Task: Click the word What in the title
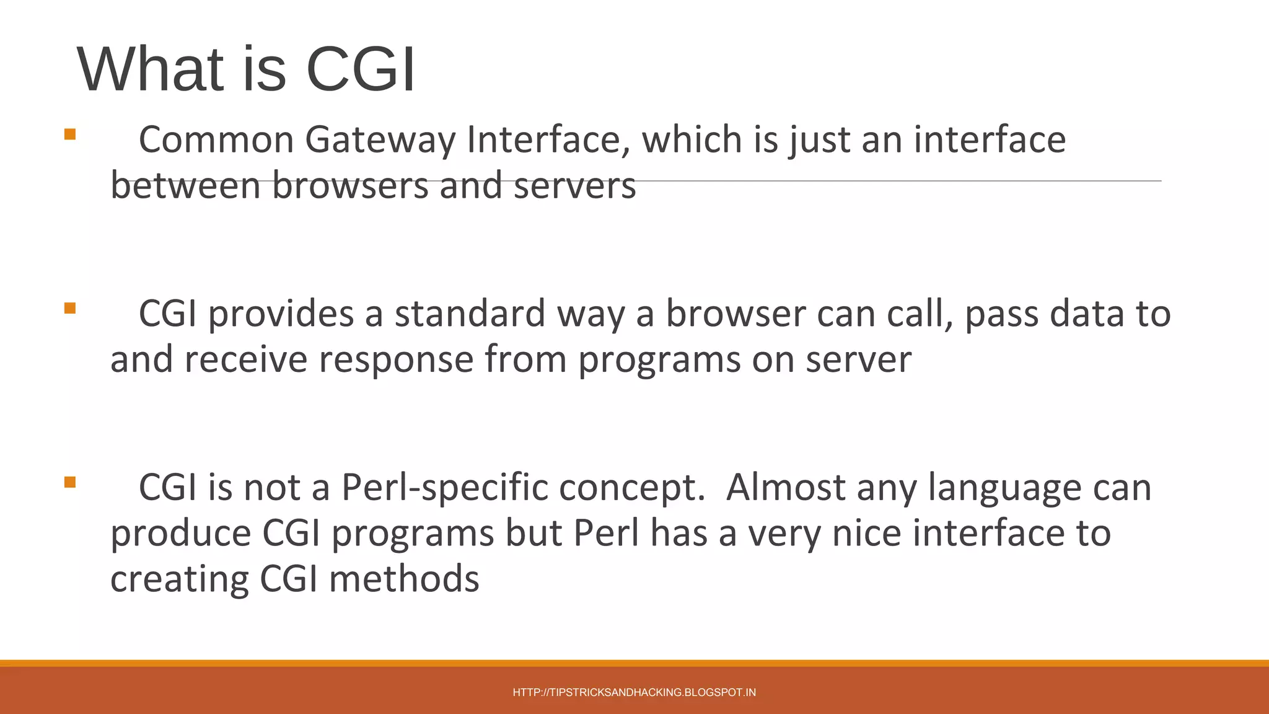pyautogui.click(x=150, y=69)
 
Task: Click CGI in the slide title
pyautogui.click(x=361, y=69)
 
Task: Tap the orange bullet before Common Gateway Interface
pyautogui.click(x=70, y=134)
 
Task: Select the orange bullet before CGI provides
pyautogui.click(x=70, y=308)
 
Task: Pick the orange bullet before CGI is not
pyautogui.click(x=70, y=482)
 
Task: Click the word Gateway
pyautogui.click(x=380, y=140)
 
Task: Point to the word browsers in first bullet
pyautogui.click(x=350, y=186)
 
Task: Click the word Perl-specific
pyautogui.click(x=444, y=488)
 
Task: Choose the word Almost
pyautogui.click(x=785, y=488)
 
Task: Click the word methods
pyautogui.click(x=404, y=579)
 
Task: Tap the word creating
pyautogui.click(x=179, y=580)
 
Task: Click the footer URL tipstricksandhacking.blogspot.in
pyautogui.click(x=634, y=692)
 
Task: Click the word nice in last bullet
pyautogui.click(x=866, y=533)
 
